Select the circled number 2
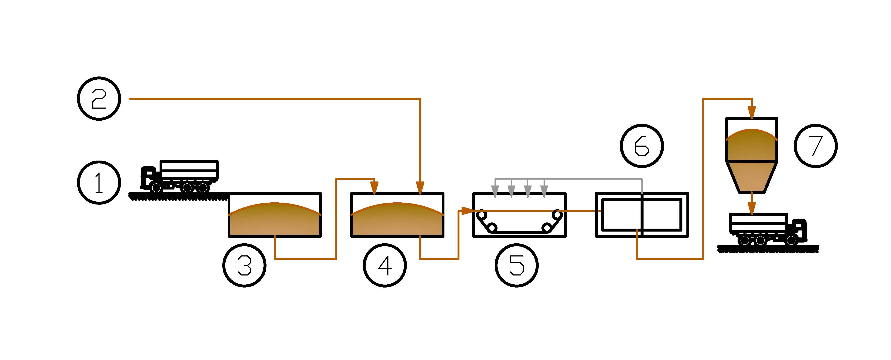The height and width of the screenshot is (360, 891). (99, 99)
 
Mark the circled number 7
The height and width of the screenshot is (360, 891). (816, 146)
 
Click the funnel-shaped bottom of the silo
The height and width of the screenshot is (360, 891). (752, 176)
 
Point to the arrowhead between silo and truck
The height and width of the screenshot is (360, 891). (751, 209)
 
